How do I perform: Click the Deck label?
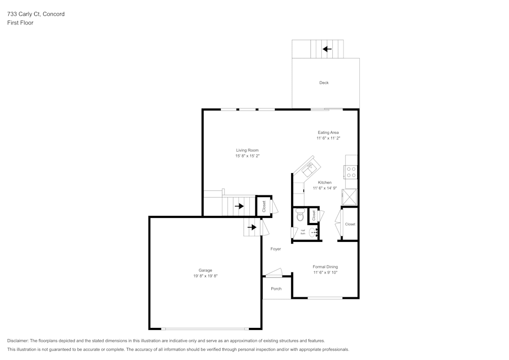324,82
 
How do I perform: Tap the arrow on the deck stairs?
327,49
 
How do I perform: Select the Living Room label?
247,150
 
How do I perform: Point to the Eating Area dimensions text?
328,138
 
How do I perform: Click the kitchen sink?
310,167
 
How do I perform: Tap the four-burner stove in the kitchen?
351,172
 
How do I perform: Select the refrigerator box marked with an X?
350,197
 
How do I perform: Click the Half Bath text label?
302,232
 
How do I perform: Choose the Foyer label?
275,249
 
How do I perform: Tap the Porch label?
276,289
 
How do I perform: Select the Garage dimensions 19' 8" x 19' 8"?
205,276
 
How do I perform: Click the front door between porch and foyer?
273,273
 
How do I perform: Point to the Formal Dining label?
325,267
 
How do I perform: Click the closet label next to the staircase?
264,206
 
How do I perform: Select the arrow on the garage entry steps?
251,227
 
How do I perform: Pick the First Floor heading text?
20,23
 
